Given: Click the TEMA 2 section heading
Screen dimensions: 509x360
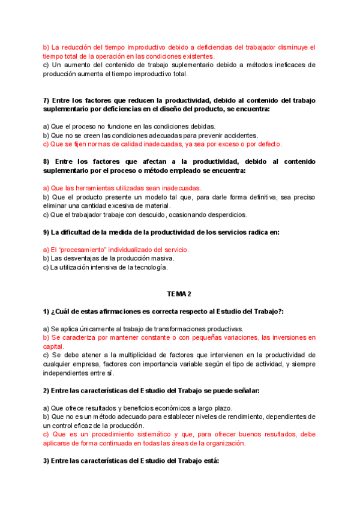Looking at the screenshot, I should click(179, 294).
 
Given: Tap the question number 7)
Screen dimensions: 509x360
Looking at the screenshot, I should click(47, 100).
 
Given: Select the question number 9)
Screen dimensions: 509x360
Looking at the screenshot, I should click(47, 232).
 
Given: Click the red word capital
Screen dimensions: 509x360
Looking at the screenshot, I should click(55, 346).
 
